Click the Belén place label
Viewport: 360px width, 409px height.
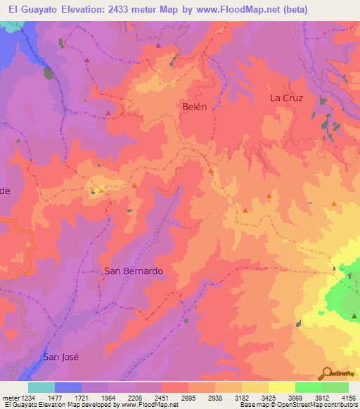coord(195,106)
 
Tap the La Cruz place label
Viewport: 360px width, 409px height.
coord(286,98)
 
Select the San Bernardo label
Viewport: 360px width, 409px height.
coord(134,271)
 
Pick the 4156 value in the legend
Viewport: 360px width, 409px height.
coord(348,397)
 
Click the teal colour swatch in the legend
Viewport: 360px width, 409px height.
coord(41,387)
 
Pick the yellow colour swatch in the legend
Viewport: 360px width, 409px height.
coord(281,387)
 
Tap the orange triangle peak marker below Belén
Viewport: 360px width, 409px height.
coord(210,171)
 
